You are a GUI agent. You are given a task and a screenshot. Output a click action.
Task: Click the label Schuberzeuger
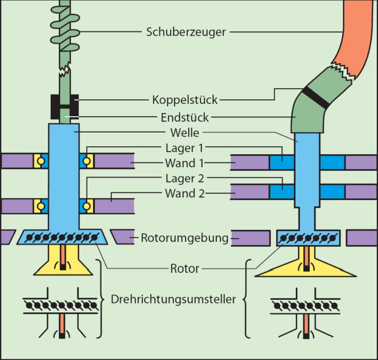click(x=186, y=32)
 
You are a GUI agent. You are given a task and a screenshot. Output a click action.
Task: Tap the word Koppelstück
click(x=185, y=100)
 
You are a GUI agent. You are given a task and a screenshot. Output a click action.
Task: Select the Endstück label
click(x=185, y=117)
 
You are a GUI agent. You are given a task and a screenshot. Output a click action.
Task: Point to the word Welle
click(x=185, y=132)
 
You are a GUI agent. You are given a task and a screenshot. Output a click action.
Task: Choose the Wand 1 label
click(x=185, y=163)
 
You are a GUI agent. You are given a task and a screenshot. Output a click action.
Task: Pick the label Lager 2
click(x=185, y=178)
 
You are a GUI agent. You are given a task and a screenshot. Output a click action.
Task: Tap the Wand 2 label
click(x=185, y=193)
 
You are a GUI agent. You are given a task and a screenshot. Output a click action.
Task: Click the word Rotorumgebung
click(x=185, y=239)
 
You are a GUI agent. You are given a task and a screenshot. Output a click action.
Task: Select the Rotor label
click(x=185, y=268)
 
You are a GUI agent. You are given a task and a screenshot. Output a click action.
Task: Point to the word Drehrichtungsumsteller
click(x=174, y=300)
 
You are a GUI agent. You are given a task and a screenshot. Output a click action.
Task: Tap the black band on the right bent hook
click(x=316, y=98)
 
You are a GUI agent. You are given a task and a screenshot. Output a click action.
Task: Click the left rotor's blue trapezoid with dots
click(x=63, y=237)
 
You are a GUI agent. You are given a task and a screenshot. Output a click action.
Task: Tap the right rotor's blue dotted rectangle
click(x=307, y=238)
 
